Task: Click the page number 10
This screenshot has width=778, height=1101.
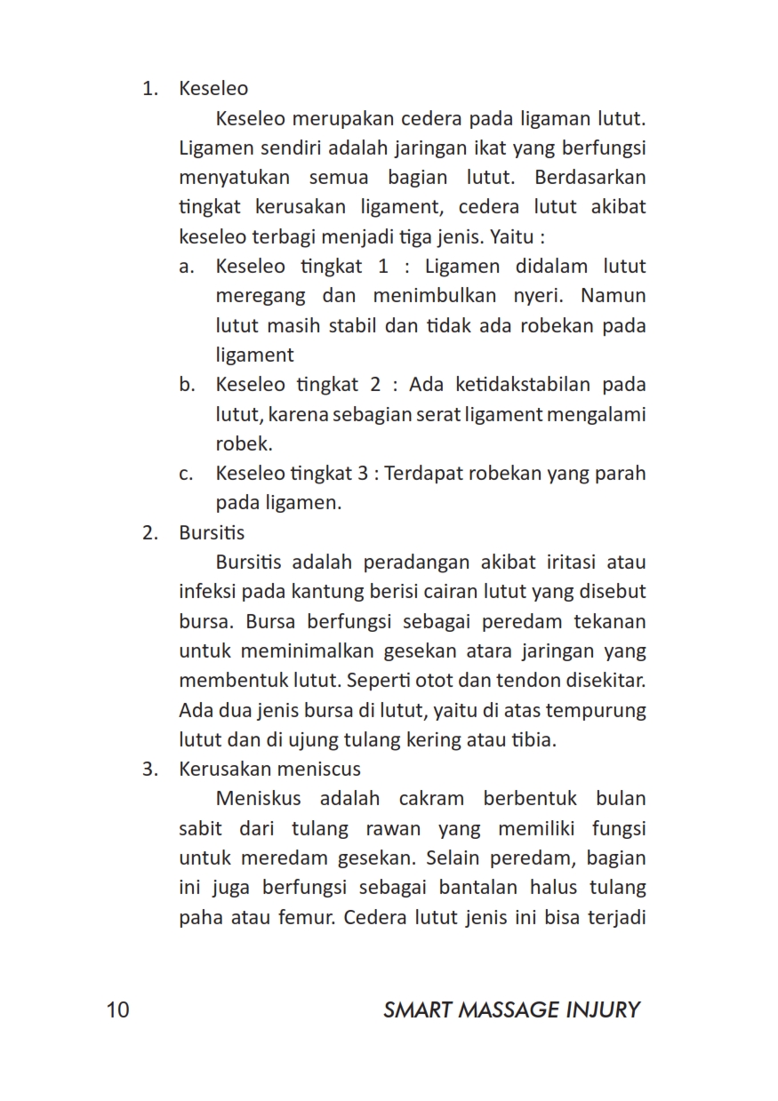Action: pyautogui.click(x=117, y=1010)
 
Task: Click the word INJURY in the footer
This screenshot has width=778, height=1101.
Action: pyautogui.click(x=602, y=1010)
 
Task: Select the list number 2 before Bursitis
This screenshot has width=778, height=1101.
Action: pyautogui.click(x=149, y=533)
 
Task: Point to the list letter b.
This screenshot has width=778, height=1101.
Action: pyautogui.click(x=187, y=386)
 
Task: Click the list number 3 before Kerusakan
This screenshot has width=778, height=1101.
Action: pyautogui.click(x=149, y=770)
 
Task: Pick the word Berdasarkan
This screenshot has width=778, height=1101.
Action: pyautogui.click(x=590, y=178)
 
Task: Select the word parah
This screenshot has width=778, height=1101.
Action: pyautogui.click(x=620, y=474)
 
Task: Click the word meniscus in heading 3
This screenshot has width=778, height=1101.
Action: pyautogui.click(x=318, y=770)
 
